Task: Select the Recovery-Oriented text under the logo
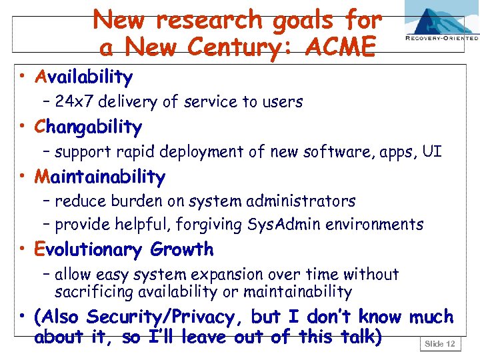(x=441, y=39)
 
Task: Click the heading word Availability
(x=84, y=77)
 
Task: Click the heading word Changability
(x=89, y=127)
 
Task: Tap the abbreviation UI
(x=431, y=151)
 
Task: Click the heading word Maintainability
(x=100, y=177)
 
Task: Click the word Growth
(x=182, y=250)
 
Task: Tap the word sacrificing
(x=95, y=292)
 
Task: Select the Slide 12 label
(x=439, y=344)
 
